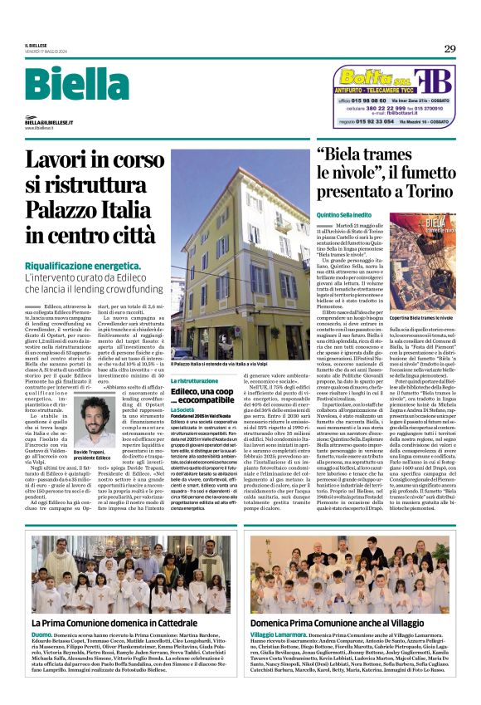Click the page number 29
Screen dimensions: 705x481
click(x=449, y=49)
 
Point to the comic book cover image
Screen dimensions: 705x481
click(x=425, y=266)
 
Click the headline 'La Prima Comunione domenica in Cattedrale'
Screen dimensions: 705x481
click(x=115, y=622)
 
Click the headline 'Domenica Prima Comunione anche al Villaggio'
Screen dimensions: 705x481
click(x=348, y=622)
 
